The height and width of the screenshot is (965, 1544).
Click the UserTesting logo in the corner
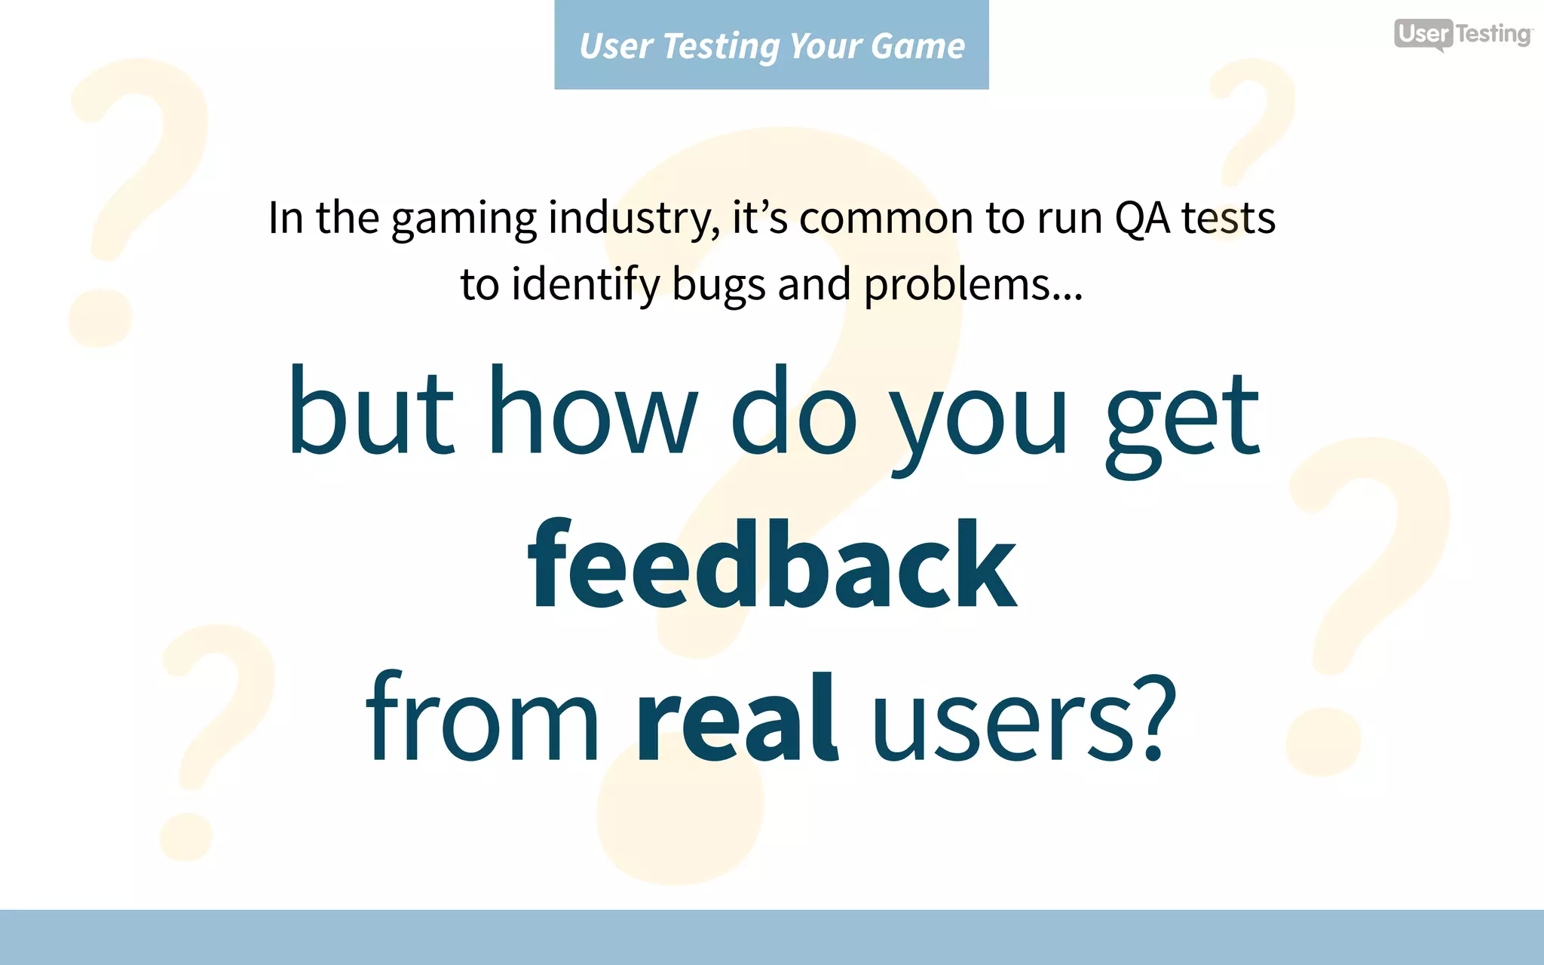(x=1462, y=34)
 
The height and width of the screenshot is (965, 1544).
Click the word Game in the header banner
(x=918, y=46)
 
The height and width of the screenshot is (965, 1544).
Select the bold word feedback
(x=772, y=565)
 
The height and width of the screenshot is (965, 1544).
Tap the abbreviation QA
(x=1141, y=219)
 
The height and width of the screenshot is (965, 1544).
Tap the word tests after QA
(x=1227, y=219)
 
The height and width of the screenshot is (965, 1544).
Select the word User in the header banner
(x=616, y=46)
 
